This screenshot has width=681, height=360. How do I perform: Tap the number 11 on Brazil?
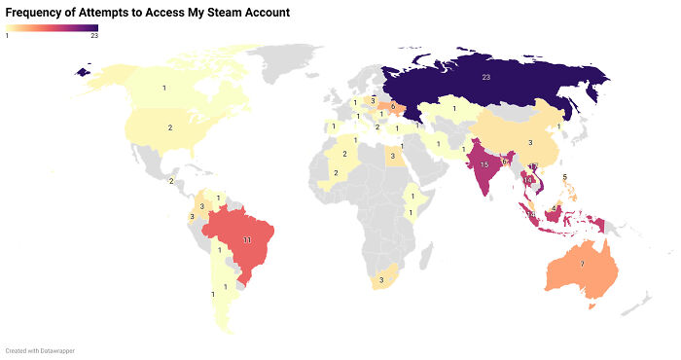pyautogui.click(x=247, y=238)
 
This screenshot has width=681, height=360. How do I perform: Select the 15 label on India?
pyautogui.click(x=484, y=164)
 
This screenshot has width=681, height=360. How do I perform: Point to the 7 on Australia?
pyautogui.click(x=582, y=264)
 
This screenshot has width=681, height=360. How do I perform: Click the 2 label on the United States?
pyautogui.click(x=169, y=127)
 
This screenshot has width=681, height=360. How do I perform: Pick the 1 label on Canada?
pyautogui.click(x=164, y=89)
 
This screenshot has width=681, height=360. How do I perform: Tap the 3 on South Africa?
pyautogui.click(x=381, y=280)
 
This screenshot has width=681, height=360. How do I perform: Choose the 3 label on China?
pyautogui.click(x=529, y=143)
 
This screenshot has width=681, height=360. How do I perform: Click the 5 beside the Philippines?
pyautogui.click(x=565, y=177)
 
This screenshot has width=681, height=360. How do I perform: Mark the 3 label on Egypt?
pyautogui.click(x=393, y=153)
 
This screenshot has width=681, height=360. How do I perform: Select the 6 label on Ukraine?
pyautogui.click(x=392, y=105)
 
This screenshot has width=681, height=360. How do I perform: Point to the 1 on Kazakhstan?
pyautogui.click(x=453, y=108)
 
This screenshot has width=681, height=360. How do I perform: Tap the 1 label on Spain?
pyautogui.click(x=333, y=126)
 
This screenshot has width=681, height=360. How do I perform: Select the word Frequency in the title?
pyautogui.click(x=34, y=13)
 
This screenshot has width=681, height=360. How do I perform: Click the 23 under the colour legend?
pyautogui.click(x=93, y=36)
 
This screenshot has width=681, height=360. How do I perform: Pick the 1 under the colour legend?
pyautogui.click(x=8, y=36)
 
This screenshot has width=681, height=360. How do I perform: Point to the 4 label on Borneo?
pyautogui.click(x=554, y=206)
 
